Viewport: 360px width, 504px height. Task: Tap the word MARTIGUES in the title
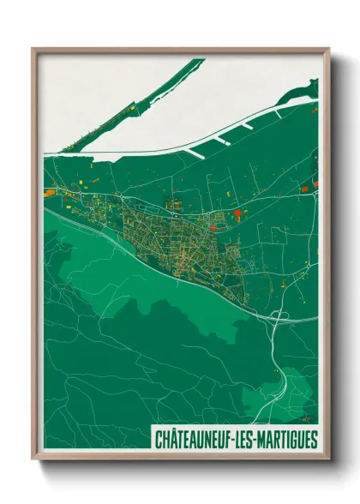click(284, 440)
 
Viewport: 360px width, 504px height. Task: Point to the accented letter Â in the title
click(173, 439)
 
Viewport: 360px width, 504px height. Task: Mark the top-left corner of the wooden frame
click(33, 50)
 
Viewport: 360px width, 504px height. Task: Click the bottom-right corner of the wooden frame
click(328, 460)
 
